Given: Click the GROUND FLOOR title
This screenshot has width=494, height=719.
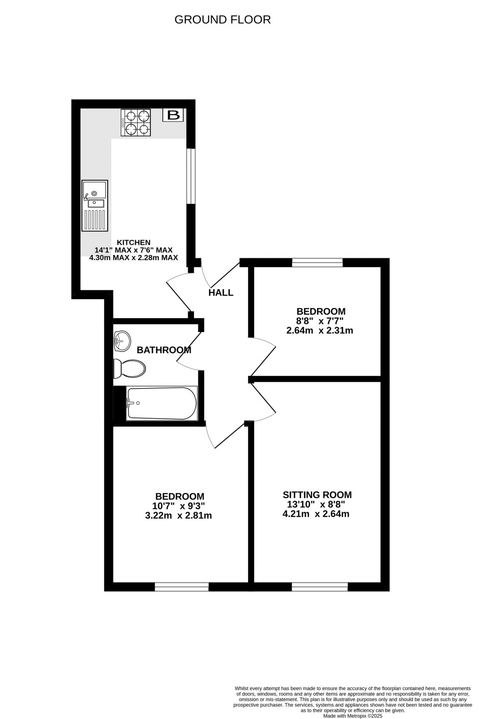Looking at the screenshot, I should pyautogui.click(x=222, y=20).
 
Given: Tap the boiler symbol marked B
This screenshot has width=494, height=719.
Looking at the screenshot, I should pyautogui.click(x=173, y=115).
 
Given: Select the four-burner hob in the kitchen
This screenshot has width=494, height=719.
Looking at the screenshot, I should pyautogui.click(x=136, y=122).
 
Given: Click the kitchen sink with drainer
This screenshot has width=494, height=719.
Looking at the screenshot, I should pyautogui.click(x=95, y=206).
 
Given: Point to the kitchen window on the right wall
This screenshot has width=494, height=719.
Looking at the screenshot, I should pyautogui.click(x=191, y=176).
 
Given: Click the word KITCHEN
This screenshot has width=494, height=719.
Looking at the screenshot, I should pyautogui.click(x=134, y=242).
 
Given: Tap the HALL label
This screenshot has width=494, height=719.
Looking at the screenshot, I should pyautogui.click(x=221, y=293).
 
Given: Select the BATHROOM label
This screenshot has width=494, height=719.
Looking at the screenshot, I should pyautogui.click(x=164, y=350).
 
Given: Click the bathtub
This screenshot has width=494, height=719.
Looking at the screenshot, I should pyautogui.click(x=162, y=403).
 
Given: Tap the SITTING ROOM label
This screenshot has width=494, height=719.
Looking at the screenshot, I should pyautogui.click(x=317, y=495).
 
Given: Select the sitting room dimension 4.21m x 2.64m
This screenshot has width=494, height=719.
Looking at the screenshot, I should pyautogui.click(x=316, y=514).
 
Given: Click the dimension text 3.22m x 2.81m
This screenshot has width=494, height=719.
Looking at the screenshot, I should pyautogui.click(x=178, y=516).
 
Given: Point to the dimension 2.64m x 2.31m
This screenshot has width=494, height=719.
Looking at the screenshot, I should pyautogui.click(x=320, y=331).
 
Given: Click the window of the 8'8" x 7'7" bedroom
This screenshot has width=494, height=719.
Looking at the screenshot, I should pyautogui.click(x=317, y=263).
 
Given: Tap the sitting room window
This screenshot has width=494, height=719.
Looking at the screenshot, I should pyautogui.click(x=320, y=586).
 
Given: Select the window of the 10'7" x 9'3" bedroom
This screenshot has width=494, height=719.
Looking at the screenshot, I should pyautogui.click(x=181, y=586).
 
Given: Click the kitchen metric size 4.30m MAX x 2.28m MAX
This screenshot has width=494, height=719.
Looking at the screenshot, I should pyautogui.click(x=134, y=258).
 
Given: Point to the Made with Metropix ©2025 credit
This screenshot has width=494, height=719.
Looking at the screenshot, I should pyautogui.click(x=353, y=716).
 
